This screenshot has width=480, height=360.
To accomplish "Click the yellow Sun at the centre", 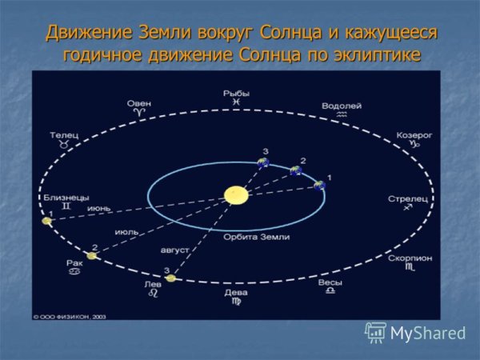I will (235, 194).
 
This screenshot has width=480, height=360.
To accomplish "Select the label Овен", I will (139, 103).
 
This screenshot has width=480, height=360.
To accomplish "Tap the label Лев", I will (152, 284).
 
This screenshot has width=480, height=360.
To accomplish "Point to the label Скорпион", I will (410, 258).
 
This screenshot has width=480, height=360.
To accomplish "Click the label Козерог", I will (414, 135).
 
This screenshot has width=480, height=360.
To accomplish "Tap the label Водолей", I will (342, 105).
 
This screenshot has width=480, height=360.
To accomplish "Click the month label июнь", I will (99, 207).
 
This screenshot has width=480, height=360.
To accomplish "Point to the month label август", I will (175, 250).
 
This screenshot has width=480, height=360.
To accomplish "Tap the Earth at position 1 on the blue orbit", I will (320, 186).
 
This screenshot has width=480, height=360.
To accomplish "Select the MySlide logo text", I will (427, 333).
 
